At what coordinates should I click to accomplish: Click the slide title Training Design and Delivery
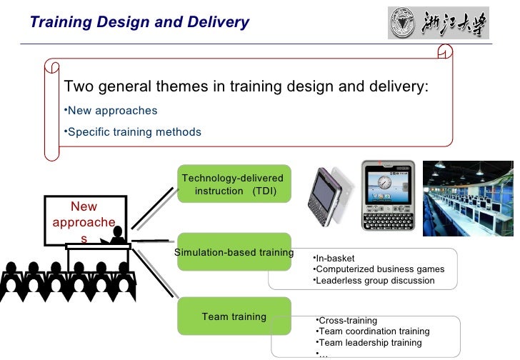tap(140, 22)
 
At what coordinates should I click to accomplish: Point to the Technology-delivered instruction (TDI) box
tap(233, 184)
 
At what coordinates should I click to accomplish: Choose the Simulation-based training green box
tap(234, 252)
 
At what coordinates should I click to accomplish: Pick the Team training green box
tap(234, 316)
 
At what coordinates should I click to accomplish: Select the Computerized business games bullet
tap(379, 269)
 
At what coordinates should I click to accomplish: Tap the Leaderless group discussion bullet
tap(374, 281)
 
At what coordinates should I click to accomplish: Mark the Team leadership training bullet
tap(369, 343)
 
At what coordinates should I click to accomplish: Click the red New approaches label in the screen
tap(84, 221)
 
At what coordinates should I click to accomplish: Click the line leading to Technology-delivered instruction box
tap(153, 207)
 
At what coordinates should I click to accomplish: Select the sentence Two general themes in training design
tap(246, 87)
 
